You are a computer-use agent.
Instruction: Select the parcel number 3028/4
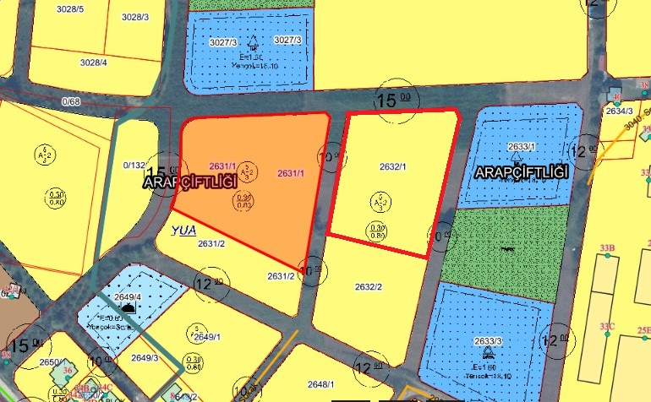click(93, 62)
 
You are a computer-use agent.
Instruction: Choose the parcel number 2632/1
click(392, 167)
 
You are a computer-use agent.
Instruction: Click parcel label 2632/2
click(368, 287)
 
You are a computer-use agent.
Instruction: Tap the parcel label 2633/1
click(522, 146)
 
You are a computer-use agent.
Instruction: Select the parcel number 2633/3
click(487, 340)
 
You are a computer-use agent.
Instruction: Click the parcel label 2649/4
click(129, 297)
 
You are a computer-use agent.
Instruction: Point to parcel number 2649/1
click(207, 337)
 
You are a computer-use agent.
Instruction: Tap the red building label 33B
click(606, 247)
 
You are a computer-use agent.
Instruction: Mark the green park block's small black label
click(507, 249)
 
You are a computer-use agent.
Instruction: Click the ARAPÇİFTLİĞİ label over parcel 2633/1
click(519, 172)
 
